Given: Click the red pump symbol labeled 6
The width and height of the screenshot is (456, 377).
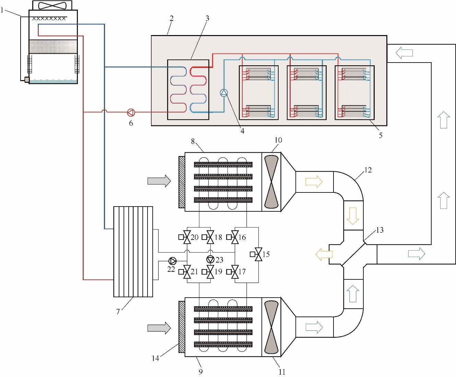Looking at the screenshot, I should (131, 112).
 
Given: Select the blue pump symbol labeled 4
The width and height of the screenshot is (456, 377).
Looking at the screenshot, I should (224, 93).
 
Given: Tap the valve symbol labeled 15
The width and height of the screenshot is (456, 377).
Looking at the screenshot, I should (258, 254).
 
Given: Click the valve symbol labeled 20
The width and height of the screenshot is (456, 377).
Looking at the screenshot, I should (187, 237).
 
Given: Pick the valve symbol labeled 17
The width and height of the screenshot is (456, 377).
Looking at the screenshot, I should (235, 271).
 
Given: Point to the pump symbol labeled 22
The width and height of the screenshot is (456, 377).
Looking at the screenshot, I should (172, 260).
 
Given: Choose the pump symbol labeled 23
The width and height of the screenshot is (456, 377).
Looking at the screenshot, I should (210, 259).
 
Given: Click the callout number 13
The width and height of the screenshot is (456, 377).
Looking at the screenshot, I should (379, 230).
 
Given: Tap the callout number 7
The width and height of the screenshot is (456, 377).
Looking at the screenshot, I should (118, 312).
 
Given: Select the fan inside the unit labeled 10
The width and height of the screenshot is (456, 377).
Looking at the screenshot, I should (271, 181).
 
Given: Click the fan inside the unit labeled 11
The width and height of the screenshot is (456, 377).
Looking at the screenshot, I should (271, 327).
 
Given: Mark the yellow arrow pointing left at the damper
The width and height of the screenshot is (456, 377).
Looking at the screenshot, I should (324, 254).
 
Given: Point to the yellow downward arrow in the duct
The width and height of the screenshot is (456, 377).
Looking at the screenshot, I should (353, 215).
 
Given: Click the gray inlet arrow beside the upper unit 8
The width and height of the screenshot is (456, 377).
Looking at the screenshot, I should (159, 181).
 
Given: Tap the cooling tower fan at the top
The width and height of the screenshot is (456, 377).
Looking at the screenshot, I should (52, 5).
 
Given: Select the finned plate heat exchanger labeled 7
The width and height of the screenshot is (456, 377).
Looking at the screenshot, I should (133, 252).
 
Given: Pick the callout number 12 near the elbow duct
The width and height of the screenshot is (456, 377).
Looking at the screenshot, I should (368, 170).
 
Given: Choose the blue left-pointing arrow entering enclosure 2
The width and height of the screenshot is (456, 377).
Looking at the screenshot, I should (404, 53).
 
